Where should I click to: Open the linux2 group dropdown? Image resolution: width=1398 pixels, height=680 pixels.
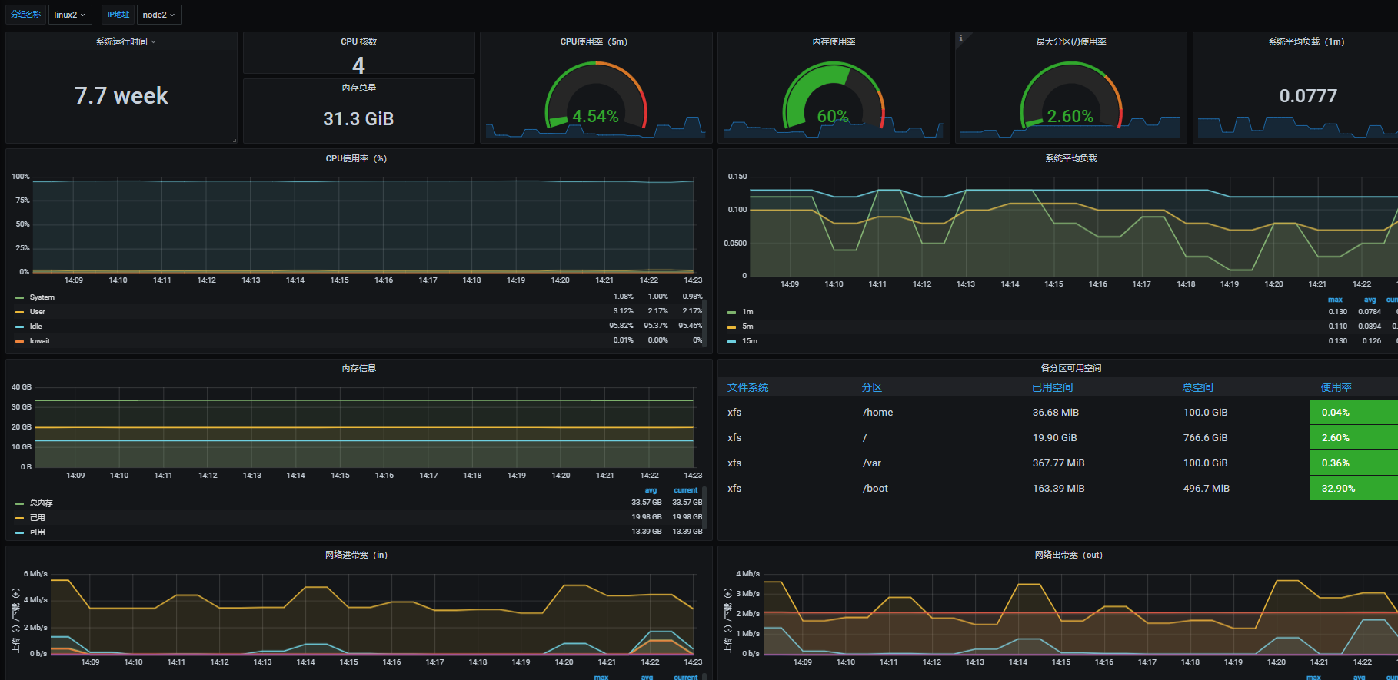coord(69,15)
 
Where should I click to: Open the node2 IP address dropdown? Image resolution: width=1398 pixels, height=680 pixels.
coord(158,15)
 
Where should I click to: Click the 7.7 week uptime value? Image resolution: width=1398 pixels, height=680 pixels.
coord(121,96)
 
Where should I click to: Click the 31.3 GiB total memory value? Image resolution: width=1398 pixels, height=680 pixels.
coord(358,119)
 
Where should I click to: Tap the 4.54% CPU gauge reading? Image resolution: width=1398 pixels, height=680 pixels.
coord(595,116)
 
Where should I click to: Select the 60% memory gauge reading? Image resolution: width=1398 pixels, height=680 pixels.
coord(833,116)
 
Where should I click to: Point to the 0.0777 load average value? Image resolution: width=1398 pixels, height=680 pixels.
coord(1308,96)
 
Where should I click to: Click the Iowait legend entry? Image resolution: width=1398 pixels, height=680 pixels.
coord(39,341)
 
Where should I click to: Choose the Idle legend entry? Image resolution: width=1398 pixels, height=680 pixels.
coord(35,327)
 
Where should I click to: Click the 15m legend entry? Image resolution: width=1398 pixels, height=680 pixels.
coord(749,341)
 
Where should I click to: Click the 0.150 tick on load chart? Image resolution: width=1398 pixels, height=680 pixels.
coord(737,177)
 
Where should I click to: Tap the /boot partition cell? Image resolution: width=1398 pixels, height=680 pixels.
coord(875,489)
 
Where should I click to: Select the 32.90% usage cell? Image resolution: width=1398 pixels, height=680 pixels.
coord(1338,489)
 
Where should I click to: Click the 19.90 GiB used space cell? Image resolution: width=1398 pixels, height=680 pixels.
coord(1054,438)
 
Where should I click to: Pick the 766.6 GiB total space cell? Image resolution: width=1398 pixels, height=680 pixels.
coord(1205,438)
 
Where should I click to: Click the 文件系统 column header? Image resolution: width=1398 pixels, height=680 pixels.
coord(747,388)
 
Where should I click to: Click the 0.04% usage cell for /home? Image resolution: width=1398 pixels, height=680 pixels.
coord(1335,413)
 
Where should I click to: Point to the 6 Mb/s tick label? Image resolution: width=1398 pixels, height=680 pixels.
coord(35,574)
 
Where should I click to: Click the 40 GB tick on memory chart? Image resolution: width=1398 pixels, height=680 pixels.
coord(22,387)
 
